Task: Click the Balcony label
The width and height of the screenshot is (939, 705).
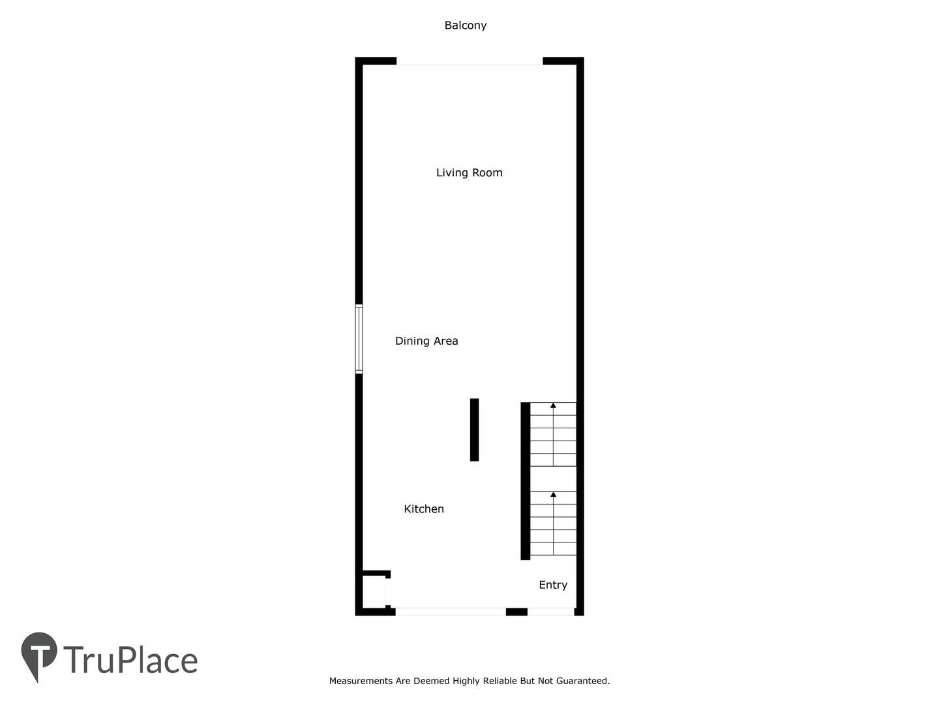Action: pos(466,25)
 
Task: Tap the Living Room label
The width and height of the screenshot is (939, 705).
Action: pos(469,173)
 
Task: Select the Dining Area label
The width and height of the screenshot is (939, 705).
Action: pos(426,341)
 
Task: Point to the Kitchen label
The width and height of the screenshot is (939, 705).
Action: pos(424,509)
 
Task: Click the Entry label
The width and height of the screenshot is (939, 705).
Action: pos(553,585)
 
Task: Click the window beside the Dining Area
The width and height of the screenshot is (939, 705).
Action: pos(359,339)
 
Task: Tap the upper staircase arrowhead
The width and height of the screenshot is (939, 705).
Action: pos(553,405)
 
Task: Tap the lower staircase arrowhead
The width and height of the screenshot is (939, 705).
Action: pos(553,494)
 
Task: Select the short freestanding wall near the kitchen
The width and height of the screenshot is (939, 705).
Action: pos(475,430)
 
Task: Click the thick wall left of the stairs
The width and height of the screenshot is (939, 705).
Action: pos(526,481)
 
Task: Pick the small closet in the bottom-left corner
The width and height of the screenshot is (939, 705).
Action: pos(374,591)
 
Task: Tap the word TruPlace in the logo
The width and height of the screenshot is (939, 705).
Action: pos(130,660)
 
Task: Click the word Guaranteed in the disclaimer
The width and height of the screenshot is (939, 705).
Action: pos(583,681)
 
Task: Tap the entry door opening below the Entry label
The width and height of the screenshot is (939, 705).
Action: pos(551,612)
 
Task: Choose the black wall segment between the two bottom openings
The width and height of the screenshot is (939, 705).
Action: pos(516,612)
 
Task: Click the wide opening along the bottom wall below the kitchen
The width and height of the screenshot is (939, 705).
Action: pos(451,612)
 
